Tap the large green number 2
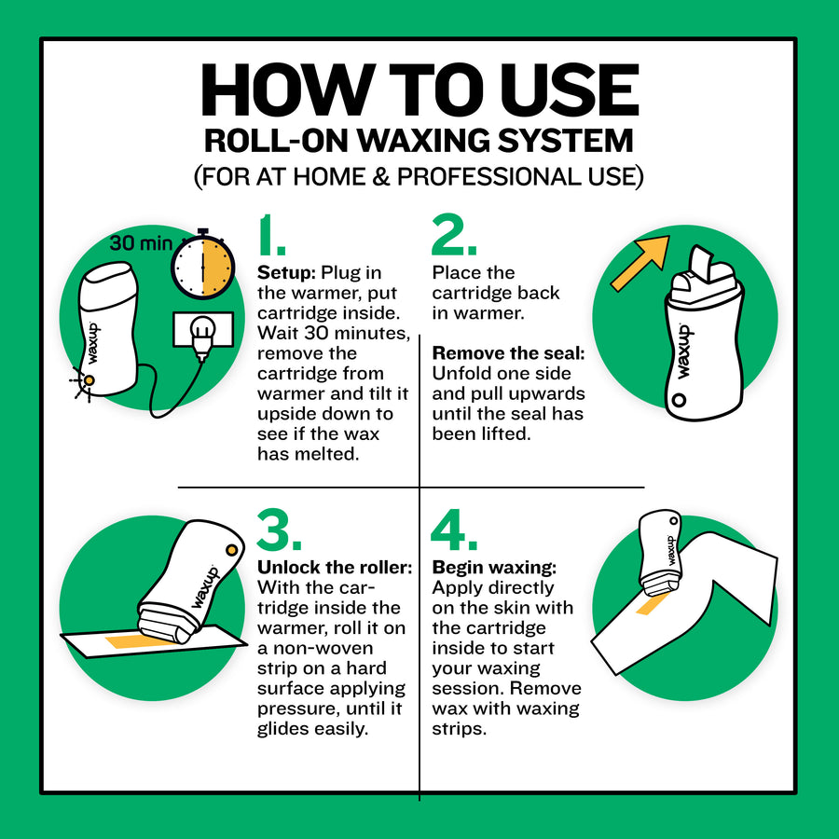click(454, 238)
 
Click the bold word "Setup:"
click(286, 273)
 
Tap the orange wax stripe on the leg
click(652, 605)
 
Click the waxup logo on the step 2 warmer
click(686, 350)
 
